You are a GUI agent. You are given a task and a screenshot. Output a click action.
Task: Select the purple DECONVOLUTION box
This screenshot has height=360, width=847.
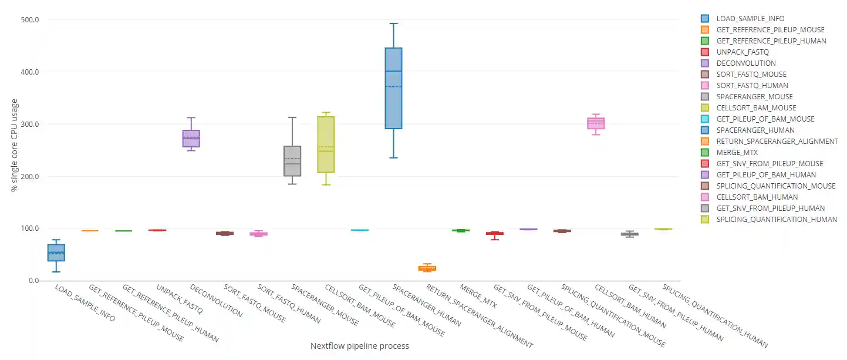[x=191, y=139]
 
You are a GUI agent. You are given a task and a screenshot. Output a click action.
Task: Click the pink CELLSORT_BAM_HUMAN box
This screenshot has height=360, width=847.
[x=596, y=123]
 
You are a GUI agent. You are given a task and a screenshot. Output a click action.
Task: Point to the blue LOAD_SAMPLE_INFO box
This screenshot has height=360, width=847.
[x=56, y=253]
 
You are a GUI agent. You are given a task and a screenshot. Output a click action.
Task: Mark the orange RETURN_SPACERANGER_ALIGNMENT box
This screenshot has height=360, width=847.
[x=427, y=268]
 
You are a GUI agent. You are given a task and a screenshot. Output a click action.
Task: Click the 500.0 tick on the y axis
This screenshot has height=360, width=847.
[x=30, y=20]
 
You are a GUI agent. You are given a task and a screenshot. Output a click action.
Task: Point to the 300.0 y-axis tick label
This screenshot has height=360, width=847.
[x=30, y=125]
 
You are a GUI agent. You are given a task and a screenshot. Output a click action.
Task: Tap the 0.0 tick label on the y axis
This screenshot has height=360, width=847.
[x=34, y=281]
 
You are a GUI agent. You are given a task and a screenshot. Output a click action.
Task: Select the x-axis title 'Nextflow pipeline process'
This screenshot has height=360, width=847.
[x=359, y=346]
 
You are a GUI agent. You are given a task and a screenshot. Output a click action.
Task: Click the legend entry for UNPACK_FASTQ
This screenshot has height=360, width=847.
[x=743, y=52]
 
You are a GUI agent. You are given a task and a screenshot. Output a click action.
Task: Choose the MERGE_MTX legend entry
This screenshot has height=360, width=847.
[x=737, y=153]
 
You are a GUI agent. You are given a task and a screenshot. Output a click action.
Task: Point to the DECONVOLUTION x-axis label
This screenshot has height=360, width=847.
[x=216, y=301]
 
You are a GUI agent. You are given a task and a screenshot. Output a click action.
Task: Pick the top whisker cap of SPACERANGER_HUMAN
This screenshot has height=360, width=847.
[x=393, y=23]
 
